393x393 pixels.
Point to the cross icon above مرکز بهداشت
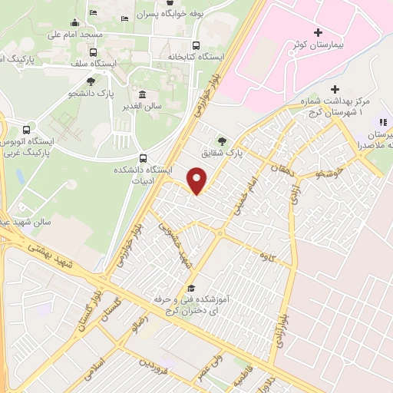pos(334,88)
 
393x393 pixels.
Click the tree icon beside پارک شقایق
pos(223,140)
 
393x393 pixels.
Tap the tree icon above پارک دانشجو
pos(91,81)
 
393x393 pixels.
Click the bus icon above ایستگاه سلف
pos(94,52)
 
